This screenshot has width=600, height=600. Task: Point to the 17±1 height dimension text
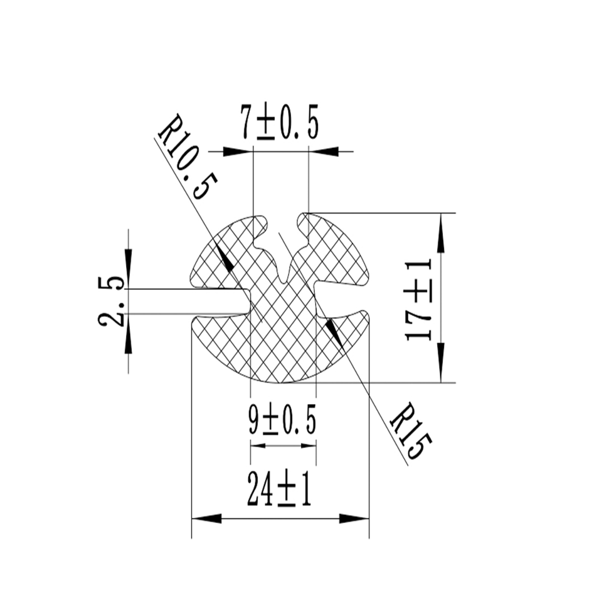click(x=419, y=300)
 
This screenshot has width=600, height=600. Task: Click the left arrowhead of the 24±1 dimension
click(x=206, y=519)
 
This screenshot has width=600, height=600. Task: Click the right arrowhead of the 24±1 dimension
click(x=354, y=519)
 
